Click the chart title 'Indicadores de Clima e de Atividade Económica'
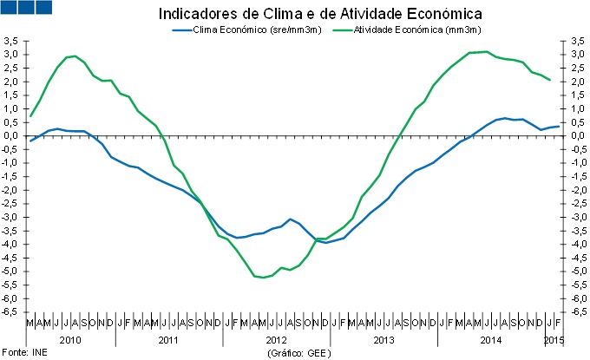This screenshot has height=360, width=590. [320, 15]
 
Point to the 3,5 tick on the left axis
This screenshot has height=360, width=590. [11, 41]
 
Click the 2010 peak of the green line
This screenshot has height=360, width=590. [75, 56]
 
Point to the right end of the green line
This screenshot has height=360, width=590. [548, 80]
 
